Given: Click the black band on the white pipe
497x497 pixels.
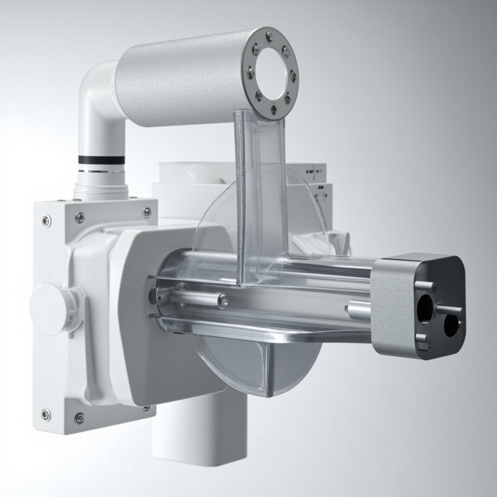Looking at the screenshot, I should click(x=101, y=160).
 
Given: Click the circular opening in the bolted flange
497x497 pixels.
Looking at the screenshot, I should click(x=272, y=73).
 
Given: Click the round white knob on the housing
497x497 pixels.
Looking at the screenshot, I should click(x=49, y=309).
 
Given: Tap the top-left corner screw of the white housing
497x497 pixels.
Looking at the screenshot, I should click(x=46, y=221).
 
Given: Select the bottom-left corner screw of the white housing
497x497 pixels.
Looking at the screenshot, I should click(x=46, y=414).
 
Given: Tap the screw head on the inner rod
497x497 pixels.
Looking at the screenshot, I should click(x=223, y=301).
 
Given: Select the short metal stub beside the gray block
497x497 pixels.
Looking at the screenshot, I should click(x=358, y=310).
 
